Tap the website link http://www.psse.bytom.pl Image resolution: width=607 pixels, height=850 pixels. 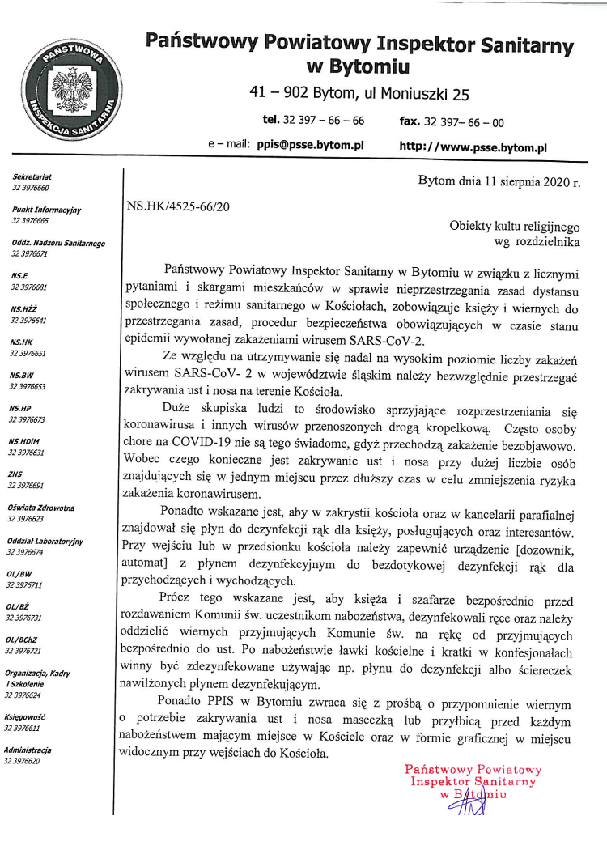[x=473, y=148]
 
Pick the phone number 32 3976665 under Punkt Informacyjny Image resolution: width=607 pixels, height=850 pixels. [x=30, y=220]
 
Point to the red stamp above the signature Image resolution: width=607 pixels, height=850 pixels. [x=473, y=782]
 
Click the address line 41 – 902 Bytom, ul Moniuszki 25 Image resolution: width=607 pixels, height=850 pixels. [x=359, y=94]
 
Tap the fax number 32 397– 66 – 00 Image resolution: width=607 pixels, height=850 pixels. [x=464, y=122]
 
